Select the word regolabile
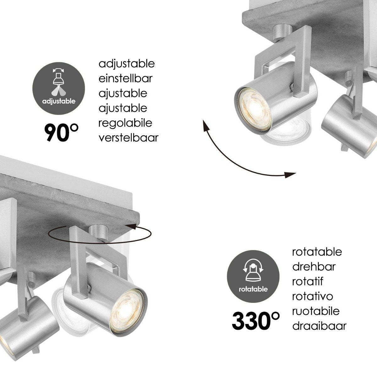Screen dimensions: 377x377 (125, 123)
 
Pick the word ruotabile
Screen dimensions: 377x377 (316, 311)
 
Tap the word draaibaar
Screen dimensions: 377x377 (319, 326)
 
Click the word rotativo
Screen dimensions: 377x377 (313, 296)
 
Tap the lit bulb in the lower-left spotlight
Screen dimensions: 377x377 (128, 304)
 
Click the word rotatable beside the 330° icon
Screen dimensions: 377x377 (317, 252)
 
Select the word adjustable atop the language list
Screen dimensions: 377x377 (127, 64)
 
